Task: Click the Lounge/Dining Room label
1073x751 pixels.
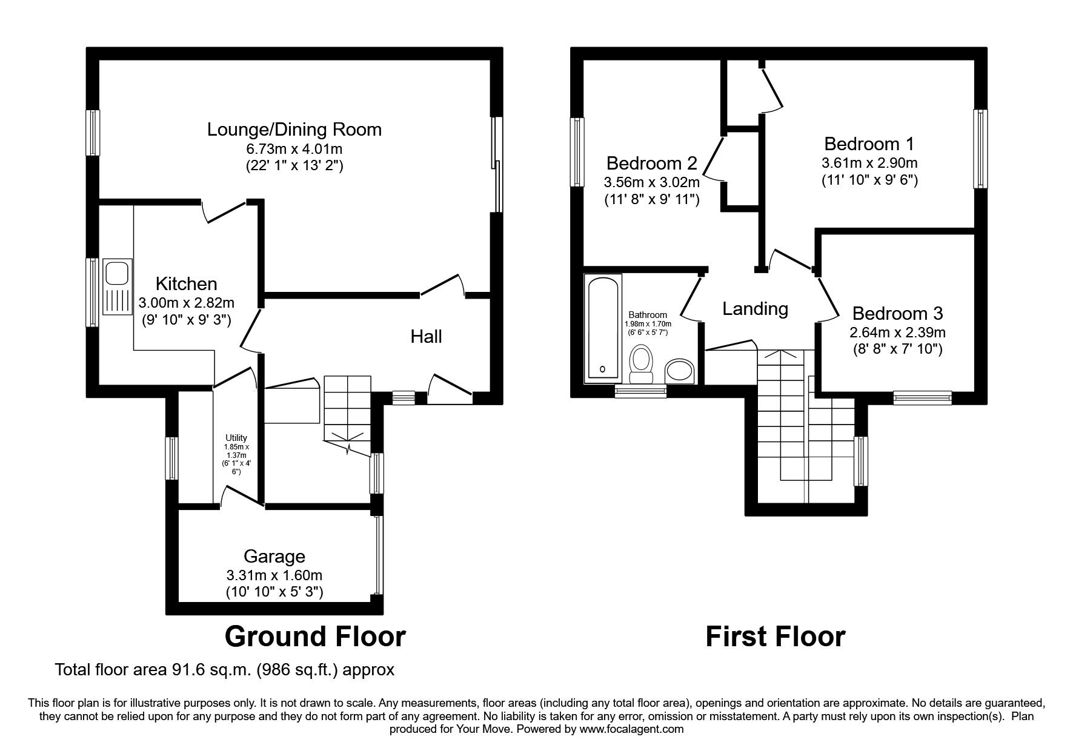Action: click(x=294, y=130)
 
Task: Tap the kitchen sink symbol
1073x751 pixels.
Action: click(x=117, y=286)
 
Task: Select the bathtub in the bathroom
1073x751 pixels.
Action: click(x=602, y=328)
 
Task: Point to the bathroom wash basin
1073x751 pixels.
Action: click(x=680, y=371)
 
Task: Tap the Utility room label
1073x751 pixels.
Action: click(x=236, y=438)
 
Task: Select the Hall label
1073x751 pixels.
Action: click(x=426, y=337)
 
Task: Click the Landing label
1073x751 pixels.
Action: click(x=755, y=309)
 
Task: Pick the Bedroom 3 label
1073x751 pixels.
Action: click(x=897, y=314)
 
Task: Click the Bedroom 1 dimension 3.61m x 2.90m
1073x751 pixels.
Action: click(x=869, y=163)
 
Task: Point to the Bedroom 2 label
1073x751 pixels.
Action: click(x=651, y=164)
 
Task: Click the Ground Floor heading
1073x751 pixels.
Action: click(x=315, y=637)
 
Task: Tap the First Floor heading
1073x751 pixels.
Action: click(x=775, y=637)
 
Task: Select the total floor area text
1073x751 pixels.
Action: click(x=225, y=670)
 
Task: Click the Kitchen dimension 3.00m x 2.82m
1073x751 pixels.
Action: click(x=186, y=303)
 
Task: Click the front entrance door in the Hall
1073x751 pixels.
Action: click(x=450, y=388)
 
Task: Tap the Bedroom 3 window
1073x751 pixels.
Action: click(x=922, y=398)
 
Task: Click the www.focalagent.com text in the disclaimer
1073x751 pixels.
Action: click(x=632, y=729)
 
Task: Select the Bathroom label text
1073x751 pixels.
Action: click(x=648, y=315)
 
